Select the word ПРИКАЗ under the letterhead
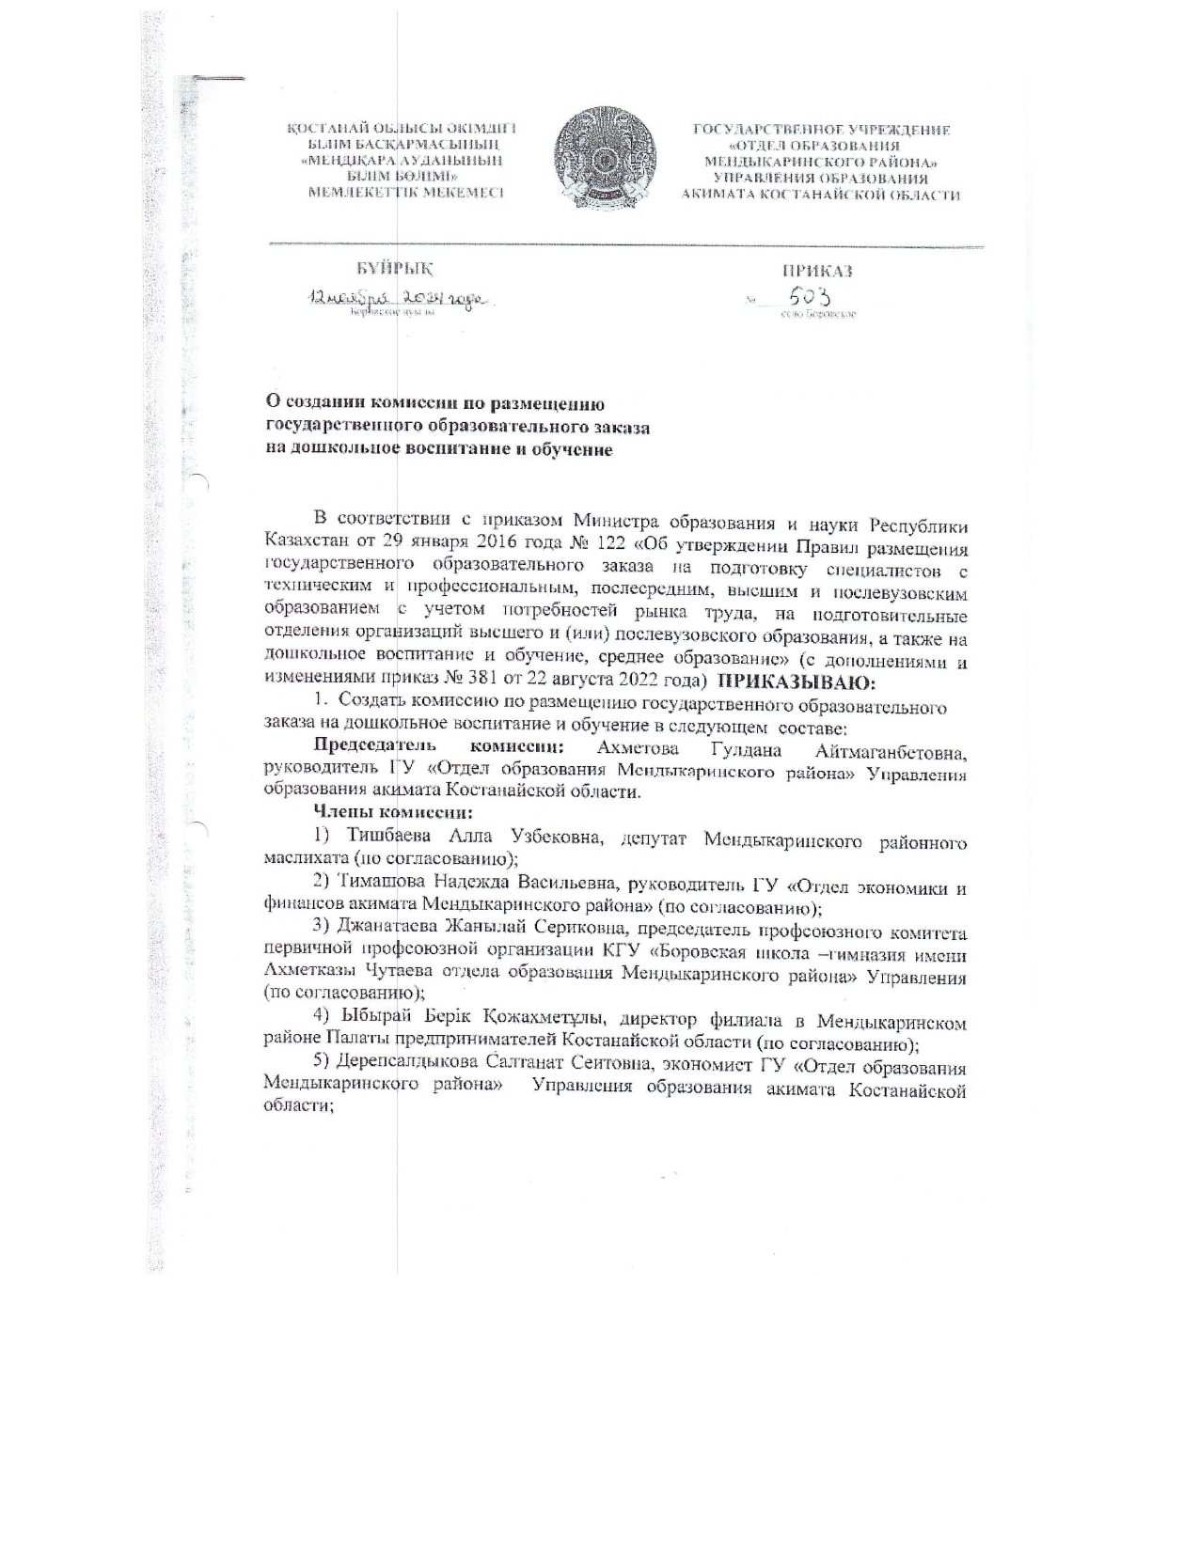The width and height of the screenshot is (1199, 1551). [x=817, y=271]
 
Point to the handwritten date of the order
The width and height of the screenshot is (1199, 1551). [x=396, y=298]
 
